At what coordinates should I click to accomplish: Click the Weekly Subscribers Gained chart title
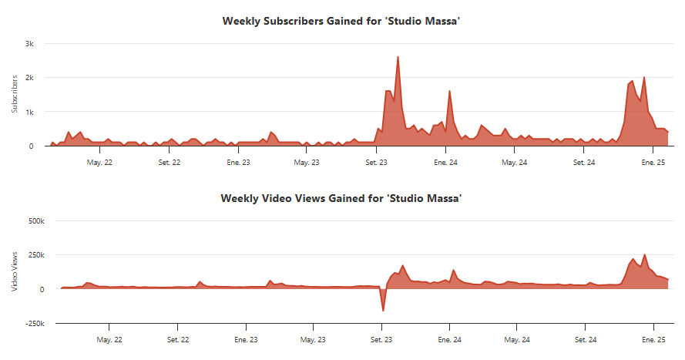click(341, 21)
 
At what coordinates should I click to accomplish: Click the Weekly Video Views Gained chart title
click(341, 198)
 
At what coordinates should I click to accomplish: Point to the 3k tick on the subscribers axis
click(29, 44)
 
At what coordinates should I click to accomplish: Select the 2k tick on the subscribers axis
click(29, 78)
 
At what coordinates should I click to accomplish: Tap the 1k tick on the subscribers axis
click(29, 112)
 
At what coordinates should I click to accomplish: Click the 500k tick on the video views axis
click(36, 221)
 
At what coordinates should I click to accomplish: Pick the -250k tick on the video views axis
click(35, 323)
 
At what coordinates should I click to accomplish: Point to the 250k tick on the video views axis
click(36, 255)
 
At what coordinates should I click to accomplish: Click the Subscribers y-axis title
click(14, 94)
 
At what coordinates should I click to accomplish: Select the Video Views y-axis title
click(14, 271)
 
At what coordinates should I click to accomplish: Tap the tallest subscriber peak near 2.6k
click(398, 57)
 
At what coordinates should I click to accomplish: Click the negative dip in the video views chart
click(383, 311)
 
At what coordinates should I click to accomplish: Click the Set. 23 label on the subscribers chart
click(377, 163)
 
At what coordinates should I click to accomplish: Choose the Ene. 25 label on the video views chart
click(654, 339)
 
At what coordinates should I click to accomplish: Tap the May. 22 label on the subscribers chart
click(99, 163)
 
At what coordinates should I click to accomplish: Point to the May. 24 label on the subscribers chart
click(513, 163)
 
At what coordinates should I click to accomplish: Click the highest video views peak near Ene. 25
click(644, 254)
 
